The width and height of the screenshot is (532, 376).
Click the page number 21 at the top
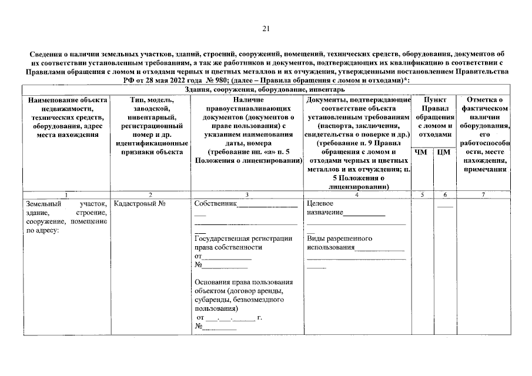point(265,28)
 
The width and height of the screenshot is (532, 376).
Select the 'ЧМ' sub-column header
point(421,152)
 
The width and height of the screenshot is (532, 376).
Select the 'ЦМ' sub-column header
point(444,152)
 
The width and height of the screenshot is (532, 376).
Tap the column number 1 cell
point(66,194)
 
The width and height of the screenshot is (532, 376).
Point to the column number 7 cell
point(483,194)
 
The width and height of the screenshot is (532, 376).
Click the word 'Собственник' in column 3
point(215,204)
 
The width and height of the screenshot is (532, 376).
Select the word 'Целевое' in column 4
point(321,204)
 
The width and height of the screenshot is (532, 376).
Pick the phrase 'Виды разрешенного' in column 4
point(339,239)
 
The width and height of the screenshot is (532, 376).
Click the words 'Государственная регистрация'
point(243,239)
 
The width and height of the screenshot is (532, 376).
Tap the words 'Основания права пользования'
point(243,282)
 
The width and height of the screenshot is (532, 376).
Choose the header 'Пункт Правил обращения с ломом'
point(433,117)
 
